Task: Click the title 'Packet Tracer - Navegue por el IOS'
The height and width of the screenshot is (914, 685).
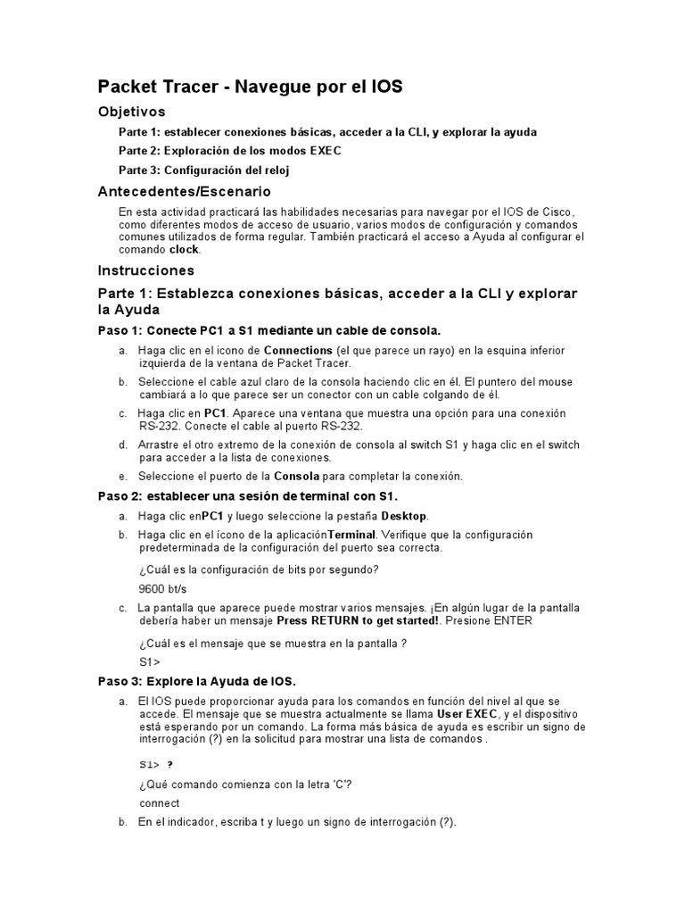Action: click(250, 87)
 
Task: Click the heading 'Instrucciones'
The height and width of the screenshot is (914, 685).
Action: click(145, 270)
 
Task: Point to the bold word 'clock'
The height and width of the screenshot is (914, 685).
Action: click(185, 250)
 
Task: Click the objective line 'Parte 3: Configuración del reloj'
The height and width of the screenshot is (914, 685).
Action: click(203, 170)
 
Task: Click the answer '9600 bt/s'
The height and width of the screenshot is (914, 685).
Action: click(162, 589)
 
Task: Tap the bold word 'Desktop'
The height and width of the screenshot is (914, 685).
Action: click(404, 516)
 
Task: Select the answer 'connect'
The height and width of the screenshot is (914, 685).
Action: click(160, 802)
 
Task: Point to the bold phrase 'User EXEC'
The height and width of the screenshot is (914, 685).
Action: click(466, 715)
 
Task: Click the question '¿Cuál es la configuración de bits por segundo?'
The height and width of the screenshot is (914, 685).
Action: click(259, 569)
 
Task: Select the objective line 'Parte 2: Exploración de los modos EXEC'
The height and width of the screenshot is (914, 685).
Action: click(230, 151)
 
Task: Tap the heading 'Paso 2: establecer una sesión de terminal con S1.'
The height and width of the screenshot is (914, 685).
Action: click(247, 496)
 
